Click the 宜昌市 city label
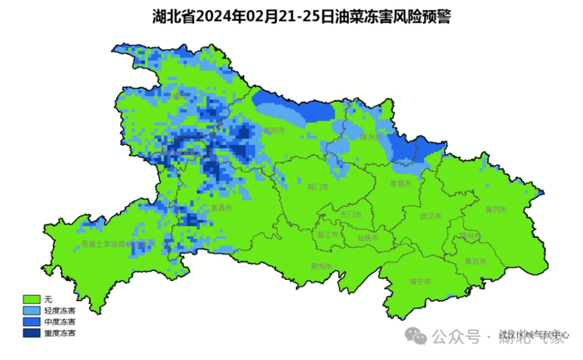coord(220,208)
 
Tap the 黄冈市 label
coord(496,207)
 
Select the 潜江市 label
coord(327,236)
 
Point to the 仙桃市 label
coord(367,237)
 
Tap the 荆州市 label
coord(321,267)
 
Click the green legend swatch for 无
coord(32,298)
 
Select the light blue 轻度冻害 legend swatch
coord(32,310)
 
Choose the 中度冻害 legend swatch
coord(32,322)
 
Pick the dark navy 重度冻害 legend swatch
coord(32,332)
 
